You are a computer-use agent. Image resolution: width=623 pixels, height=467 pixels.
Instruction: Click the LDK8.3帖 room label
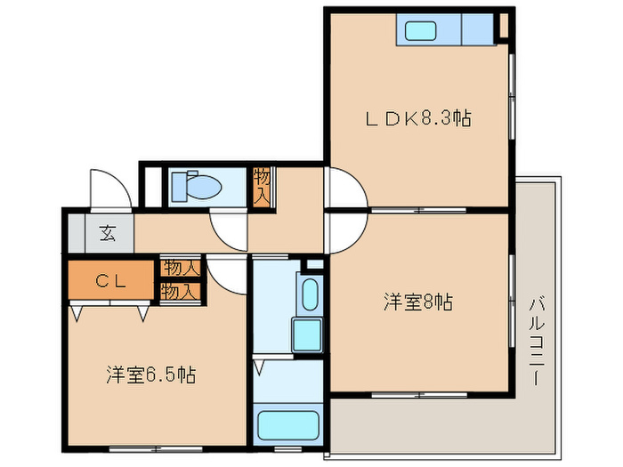coord(418,118)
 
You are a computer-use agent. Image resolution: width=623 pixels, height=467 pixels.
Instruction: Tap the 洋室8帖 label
coord(418,302)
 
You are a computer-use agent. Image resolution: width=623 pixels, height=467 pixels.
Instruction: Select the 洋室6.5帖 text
coord(151,374)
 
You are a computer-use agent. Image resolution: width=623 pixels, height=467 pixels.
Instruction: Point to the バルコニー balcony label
coord(537,342)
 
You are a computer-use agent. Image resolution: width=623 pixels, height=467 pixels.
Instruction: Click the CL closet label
coord(111,281)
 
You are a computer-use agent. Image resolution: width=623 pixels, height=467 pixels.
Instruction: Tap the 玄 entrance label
coord(108,233)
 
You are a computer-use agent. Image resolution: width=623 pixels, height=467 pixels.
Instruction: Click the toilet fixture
coord(197,186)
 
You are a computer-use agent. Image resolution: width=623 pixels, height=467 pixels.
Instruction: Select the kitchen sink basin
coord(420,30)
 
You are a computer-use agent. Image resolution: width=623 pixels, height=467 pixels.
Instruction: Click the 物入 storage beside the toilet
coord(263,187)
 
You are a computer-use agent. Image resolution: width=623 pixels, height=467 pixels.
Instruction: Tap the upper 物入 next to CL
coord(181,268)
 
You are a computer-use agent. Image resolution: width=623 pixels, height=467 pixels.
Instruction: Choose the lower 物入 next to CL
coord(181,293)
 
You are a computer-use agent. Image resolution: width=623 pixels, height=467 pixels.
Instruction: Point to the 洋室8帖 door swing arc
coord(356,241)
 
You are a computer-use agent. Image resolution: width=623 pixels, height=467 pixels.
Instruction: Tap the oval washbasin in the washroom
coord(310,294)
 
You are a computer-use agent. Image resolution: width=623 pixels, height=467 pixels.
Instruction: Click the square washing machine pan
coord(307,335)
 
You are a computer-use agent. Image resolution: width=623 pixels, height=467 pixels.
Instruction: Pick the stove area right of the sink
coord(478,29)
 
